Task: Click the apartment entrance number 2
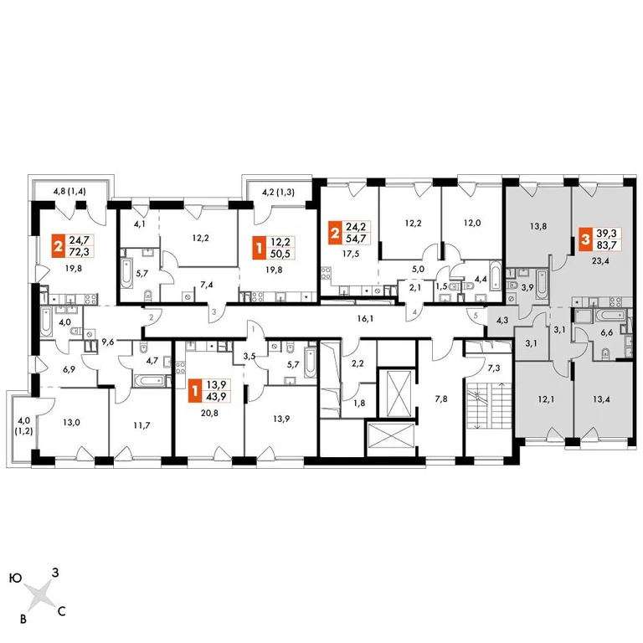tap(152, 318)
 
